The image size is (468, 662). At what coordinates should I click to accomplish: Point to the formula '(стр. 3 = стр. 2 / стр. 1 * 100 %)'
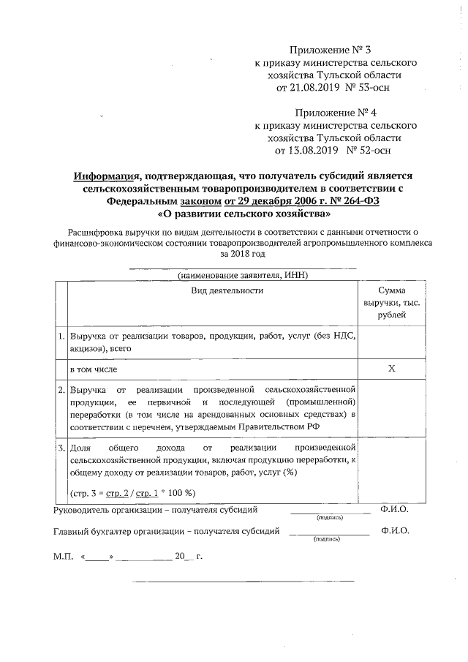pos(132,492)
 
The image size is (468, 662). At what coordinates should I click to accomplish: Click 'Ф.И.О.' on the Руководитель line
pos(394,509)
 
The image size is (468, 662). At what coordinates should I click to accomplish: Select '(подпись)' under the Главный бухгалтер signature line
pos(326,538)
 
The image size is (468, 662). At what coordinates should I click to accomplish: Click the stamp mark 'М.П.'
pos(64,556)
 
